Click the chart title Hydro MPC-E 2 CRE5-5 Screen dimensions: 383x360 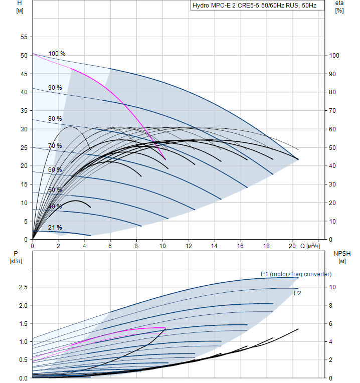(x=254, y=6)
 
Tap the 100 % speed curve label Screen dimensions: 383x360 (x=57, y=54)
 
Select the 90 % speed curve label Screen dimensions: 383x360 (x=55, y=88)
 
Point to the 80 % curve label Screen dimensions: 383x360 (x=55, y=119)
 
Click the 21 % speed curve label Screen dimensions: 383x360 (x=55, y=228)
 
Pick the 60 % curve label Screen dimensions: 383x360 (x=55, y=170)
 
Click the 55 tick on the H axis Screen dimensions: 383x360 (x=23, y=37)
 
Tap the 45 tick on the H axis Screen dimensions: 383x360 (x=23, y=74)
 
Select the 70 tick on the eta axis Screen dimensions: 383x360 (x=332, y=111)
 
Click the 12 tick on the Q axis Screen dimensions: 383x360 (x=189, y=246)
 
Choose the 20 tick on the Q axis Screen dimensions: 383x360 (x=292, y=246)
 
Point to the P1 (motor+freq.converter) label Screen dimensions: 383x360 (x=296, y=274)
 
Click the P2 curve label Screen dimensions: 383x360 (x=297, y=293)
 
